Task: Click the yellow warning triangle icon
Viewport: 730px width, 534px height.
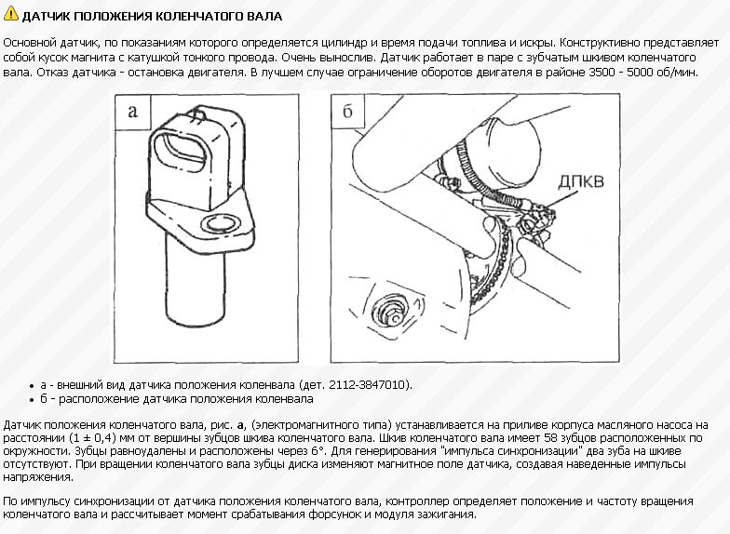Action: (10, 14)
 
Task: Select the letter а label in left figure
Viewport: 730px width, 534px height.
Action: (133, 112)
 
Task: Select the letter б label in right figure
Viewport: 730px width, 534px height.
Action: (348, 112)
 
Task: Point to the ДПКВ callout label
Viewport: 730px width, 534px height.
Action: (581, 180)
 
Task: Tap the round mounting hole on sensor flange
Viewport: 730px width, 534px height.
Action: (222, 224)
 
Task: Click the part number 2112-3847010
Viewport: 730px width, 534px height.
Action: (369, 385)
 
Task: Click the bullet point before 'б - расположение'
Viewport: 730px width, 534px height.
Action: (32, 400)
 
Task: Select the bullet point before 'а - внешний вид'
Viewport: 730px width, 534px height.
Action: (32, 386)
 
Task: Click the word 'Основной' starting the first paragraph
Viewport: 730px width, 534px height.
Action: (30, 43)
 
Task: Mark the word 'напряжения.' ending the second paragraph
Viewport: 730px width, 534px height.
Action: (38, 478)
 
